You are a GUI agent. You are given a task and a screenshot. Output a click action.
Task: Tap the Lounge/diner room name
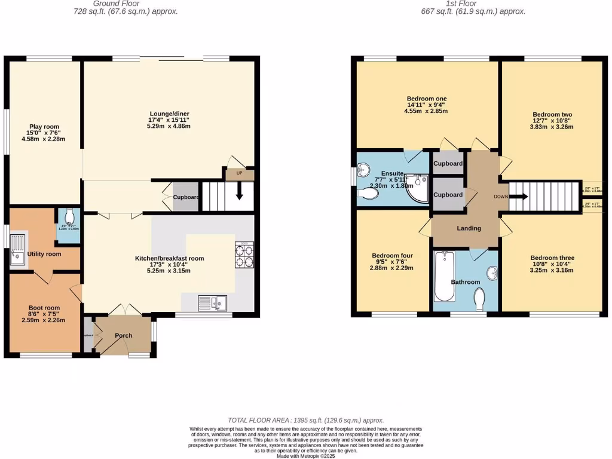pyautogui.click(x=169, y=114)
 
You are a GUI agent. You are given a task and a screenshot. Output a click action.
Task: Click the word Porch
pyautogui.click(x=124, y=335)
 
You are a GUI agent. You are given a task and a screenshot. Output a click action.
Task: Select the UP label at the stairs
pyautogui.click(x=240, y=174)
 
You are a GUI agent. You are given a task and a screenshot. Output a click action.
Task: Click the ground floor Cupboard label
pyautogui.click(x=186, y=197)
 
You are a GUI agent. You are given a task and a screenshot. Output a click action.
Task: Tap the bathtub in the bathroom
pyautogui.click(x=443, y=278)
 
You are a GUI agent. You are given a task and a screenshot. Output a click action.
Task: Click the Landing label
pyautogui.click(x=469, y=228)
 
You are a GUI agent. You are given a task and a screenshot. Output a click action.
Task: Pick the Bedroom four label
pyautogui.click(x=392, y=255)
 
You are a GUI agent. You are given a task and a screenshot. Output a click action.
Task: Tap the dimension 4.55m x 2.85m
pyautogui.click(x=426, y=111)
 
